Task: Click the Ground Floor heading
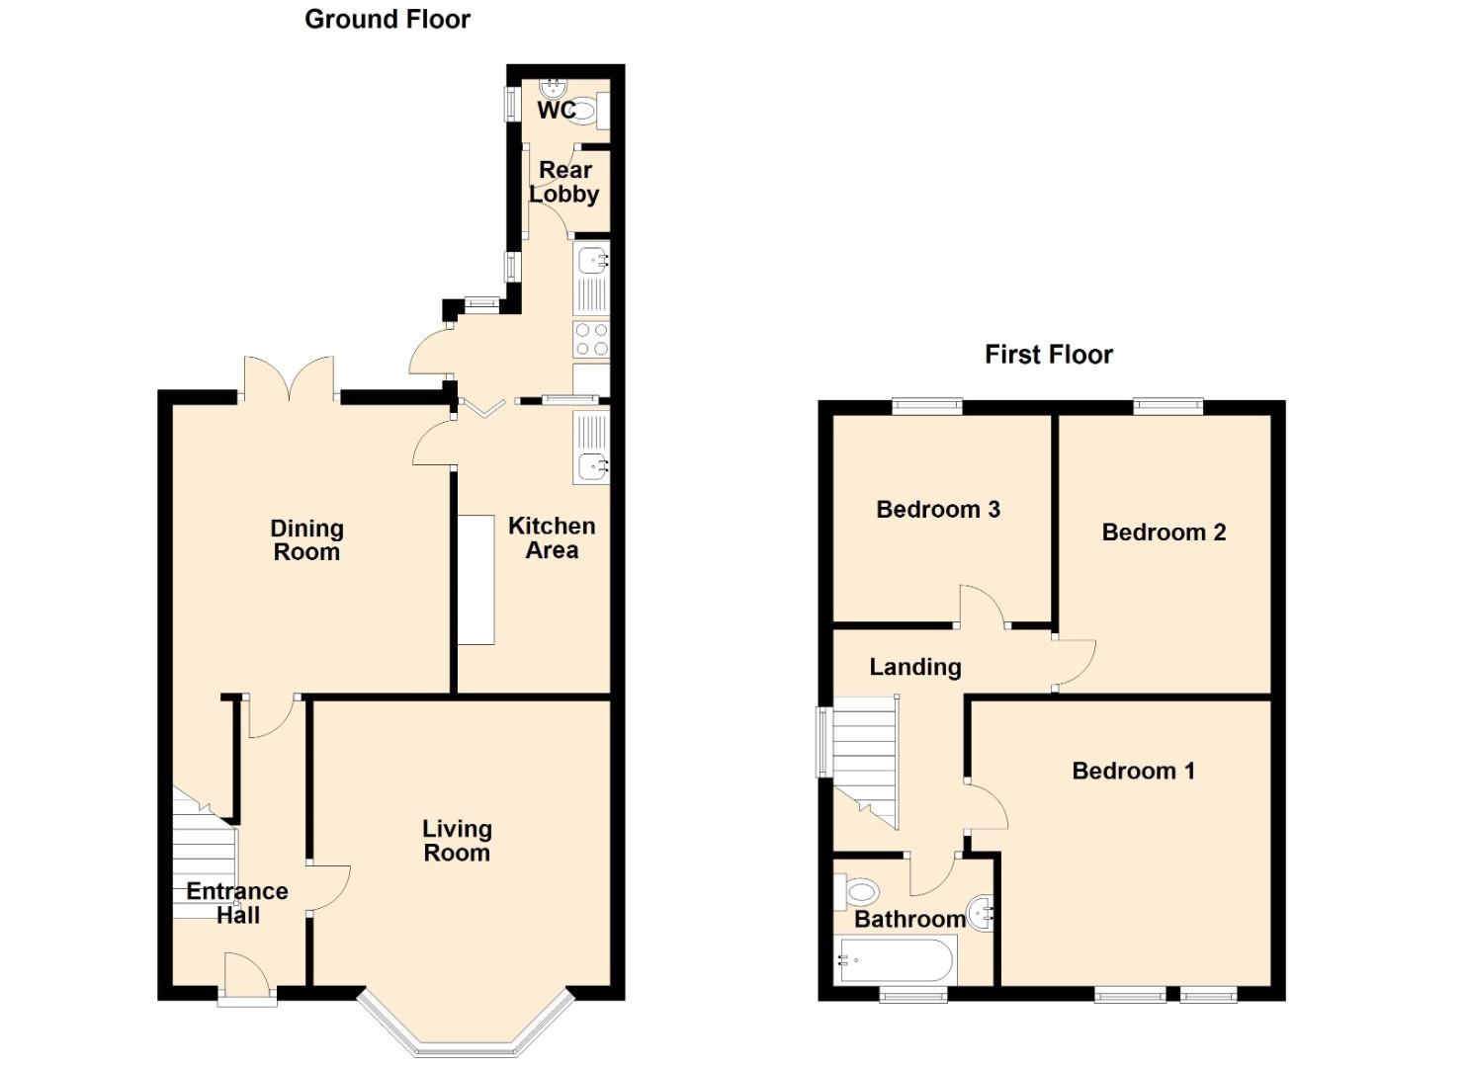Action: [387, 20]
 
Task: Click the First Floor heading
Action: [1048, 355]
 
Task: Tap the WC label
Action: [556, 111]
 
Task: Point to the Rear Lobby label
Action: [564, 182]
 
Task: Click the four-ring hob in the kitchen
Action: [591, 340]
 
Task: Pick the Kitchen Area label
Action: [552, 538]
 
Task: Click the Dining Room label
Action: [306, 540]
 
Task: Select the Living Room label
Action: [457, 841]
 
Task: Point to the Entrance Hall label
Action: [237, 903]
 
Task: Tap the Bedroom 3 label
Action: [938, 510]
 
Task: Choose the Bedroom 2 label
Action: [1164, 533]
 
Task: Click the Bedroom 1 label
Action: [1133, 771]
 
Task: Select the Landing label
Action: [914, 667]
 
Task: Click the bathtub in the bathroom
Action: [896, 959]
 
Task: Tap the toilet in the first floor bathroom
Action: [858, 893]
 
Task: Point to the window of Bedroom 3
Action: [926, 405]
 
